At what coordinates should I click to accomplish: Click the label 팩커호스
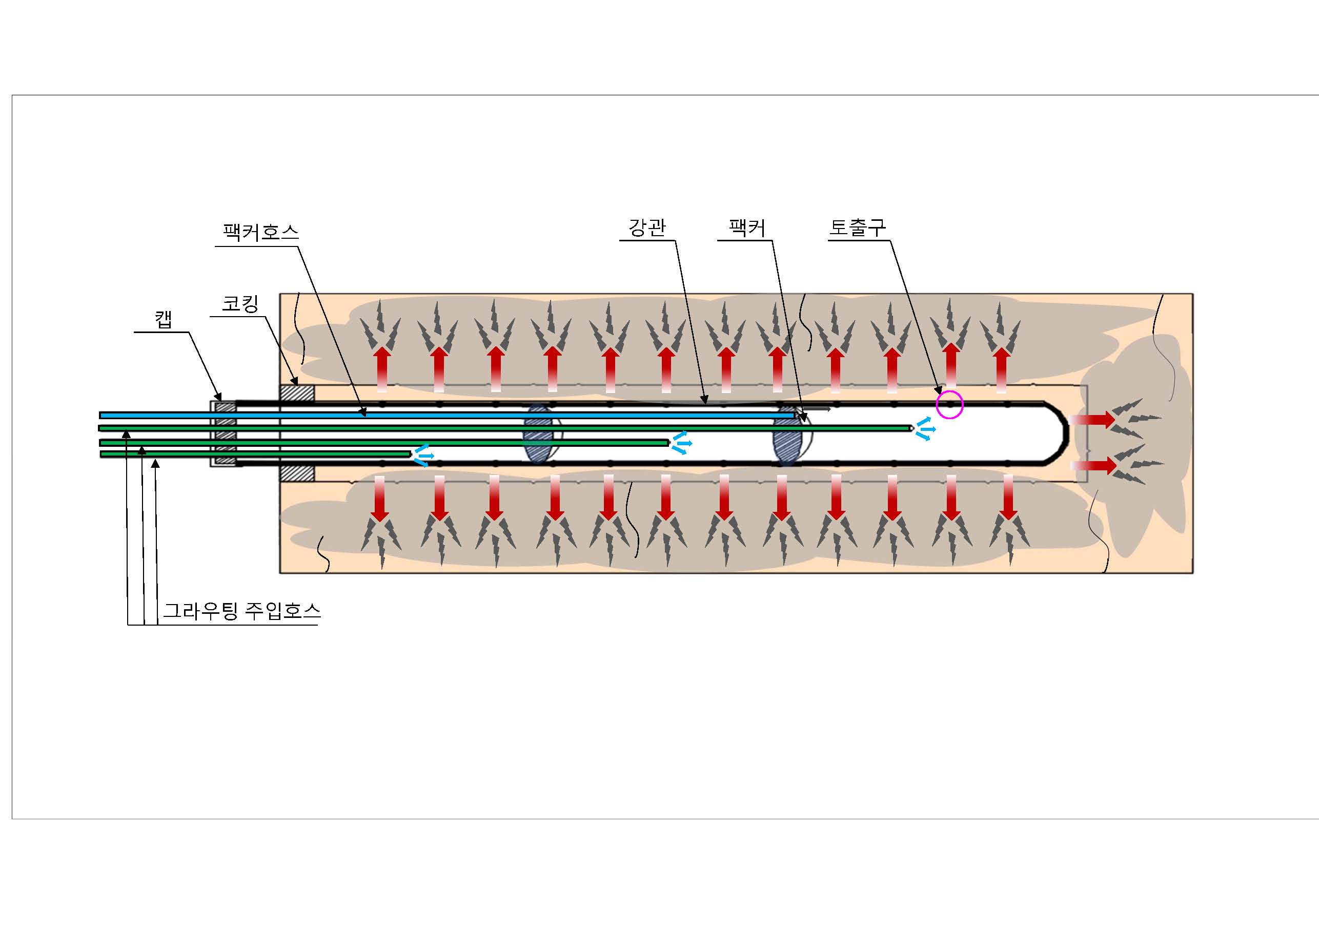(x=260, y=232)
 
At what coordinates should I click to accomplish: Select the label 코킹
(x=240, y=303)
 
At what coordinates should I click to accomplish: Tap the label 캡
(x=164, y=319)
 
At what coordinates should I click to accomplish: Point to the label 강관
(x=647, y=227)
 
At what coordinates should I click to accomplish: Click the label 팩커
(x=747, y=228)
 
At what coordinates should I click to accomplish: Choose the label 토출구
(x=857, y=227)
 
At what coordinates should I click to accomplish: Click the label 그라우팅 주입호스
(x=242, y=610)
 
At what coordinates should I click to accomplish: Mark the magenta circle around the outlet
(x=949, y=405)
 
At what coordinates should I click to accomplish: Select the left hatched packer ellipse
(x=538, y=433)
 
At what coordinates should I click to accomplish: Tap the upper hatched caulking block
(x=296, y=393)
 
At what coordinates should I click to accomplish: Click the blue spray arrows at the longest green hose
(x=924, y=428)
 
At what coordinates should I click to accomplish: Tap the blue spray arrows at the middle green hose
(x=681, y=443)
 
